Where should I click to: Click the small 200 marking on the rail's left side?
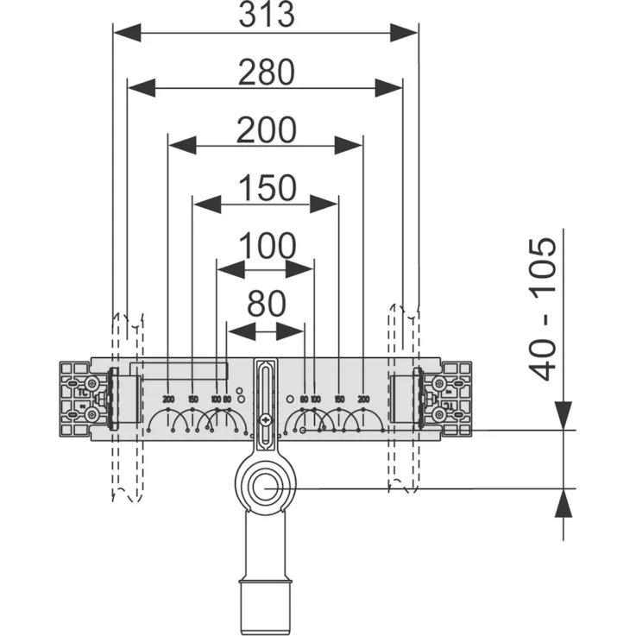pos(168,399)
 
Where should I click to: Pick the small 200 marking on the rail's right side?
pos(363,399)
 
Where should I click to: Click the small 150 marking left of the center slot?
pos(192,399)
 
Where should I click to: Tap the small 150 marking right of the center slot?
pos(339,399)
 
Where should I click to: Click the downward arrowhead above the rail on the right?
pos(564,415)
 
